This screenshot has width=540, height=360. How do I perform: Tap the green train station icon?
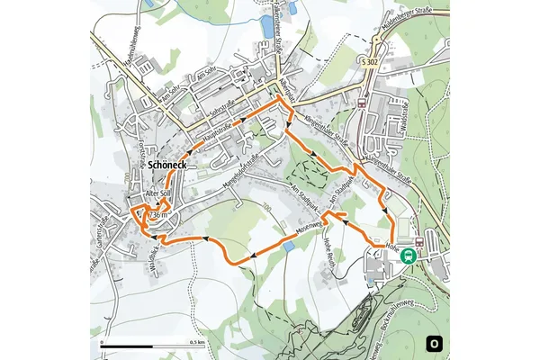click(x=409, y=255)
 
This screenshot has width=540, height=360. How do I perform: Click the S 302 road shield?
click(x=367, y=60)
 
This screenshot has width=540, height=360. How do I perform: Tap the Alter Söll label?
click(x=158, y=194)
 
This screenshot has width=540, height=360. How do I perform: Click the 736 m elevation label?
click(x=157, y=215)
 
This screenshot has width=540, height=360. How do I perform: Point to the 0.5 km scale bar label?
click(x=195, y=343)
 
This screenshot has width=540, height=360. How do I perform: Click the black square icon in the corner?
click(x=435, y=342)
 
